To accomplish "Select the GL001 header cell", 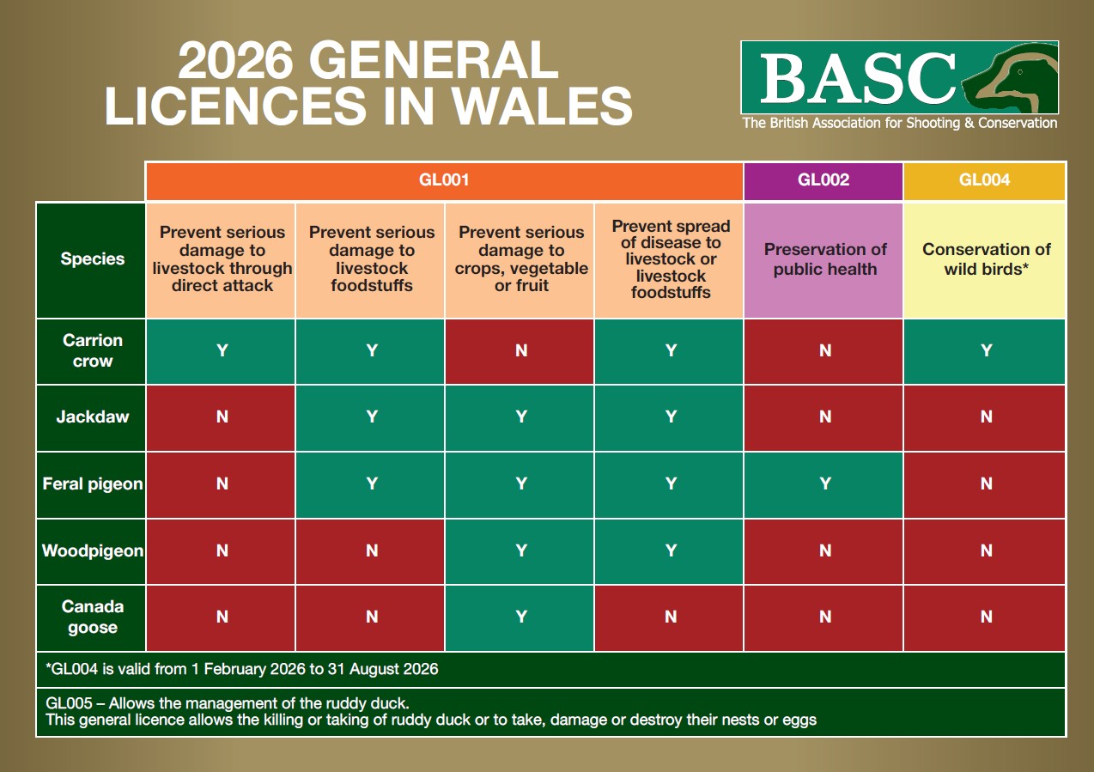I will tap(444, 180).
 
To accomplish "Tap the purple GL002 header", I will tap(823, 180).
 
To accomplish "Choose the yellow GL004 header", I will tap(984, 180).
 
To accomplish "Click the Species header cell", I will tap(92, 259).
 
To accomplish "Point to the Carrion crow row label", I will tap(92, 350).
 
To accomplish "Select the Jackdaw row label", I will tap(92, 417).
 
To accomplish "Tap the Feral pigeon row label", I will tap(92, 484).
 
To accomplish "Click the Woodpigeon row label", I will tap(92, 550).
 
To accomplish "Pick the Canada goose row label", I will tap(92, 617).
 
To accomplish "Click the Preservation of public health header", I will tap(824, 259).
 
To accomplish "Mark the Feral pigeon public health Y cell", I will tap(824, 484).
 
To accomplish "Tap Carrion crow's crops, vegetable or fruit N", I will tap(520, 350).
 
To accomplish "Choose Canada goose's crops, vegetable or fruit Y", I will tap(520, 617).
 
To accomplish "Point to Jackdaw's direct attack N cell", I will tap(222, 417).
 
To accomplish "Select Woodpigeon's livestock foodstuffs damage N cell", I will tap(371, 550).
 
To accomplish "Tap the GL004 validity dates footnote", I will tap(242, 670).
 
